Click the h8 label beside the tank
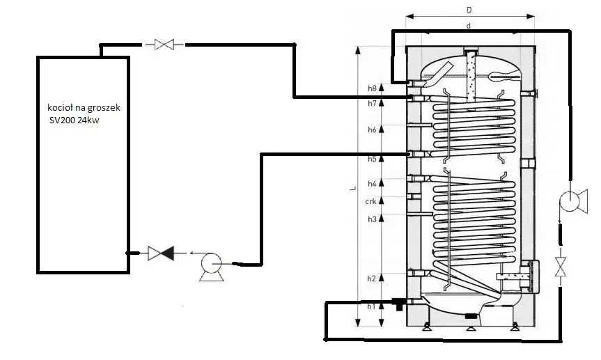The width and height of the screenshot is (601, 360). (372, 88)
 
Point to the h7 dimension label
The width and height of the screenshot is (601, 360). (372, 104)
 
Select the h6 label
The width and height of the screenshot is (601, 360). (372, 130)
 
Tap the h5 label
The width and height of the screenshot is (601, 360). (372, 159)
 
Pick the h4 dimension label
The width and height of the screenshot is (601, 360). (372, 184)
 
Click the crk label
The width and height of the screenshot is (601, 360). (371, 202)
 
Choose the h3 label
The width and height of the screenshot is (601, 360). (372, 219)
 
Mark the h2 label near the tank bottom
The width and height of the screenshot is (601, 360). (372, 279)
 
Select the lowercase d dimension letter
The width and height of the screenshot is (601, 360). (469, 25)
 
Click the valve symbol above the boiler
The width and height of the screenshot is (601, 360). (164, 45)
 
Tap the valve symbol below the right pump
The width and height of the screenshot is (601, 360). (559, 267)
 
